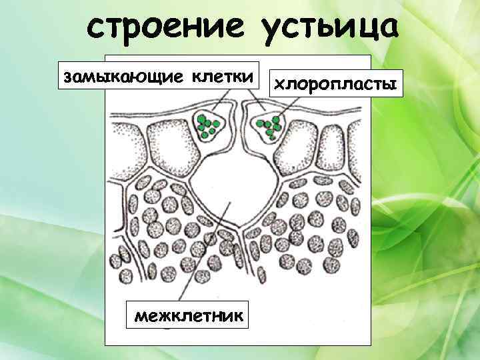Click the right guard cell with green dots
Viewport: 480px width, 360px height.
click(269, 125)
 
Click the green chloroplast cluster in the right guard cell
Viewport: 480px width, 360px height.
click(270, 125)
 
